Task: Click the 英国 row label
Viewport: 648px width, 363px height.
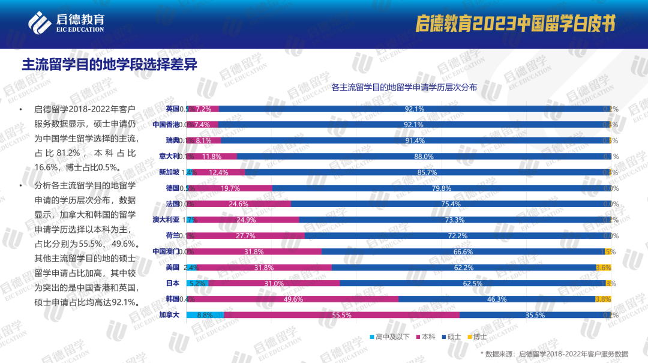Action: pos(172,109)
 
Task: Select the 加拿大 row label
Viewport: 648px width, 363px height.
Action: pos(169,314)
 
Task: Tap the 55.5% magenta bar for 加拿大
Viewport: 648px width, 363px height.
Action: pos(341,314)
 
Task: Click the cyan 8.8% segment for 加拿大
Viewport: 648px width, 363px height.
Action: pos(205,314)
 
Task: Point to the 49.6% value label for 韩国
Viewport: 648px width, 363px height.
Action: pos(293,299)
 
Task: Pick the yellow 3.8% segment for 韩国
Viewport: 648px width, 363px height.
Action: pos(603,299)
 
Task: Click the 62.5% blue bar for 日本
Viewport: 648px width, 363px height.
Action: pos(473,283)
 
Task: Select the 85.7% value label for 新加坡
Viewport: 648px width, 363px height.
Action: pos(427,172)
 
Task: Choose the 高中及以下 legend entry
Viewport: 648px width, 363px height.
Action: pos(388,337)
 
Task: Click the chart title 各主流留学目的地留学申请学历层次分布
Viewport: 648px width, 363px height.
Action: pos(404,88)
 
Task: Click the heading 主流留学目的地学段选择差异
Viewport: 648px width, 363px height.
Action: pos(109,64)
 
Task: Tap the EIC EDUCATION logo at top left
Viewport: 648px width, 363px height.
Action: pos(66,22)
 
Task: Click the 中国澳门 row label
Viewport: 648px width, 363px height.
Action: pos(166,251)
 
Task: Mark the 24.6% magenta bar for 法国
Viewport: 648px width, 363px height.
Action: pos(239,204)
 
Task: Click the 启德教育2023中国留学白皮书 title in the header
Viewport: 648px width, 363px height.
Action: pos(517,23)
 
